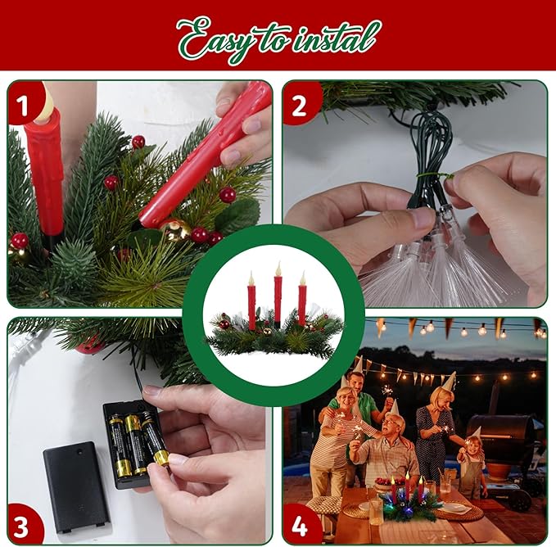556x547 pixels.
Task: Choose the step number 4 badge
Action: click(301, 523)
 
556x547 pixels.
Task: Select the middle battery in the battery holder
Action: click(135, 443)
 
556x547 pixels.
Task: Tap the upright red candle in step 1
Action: click(46, 172)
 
